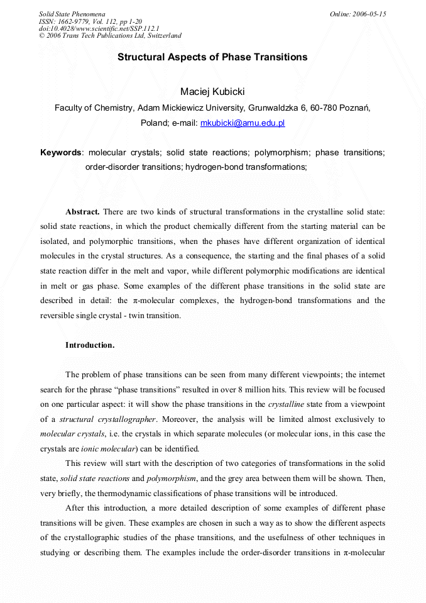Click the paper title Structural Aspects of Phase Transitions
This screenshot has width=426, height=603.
212,57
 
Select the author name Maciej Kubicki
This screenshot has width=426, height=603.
212,92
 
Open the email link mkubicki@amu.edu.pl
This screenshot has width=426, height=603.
242,123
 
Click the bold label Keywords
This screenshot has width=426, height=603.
61,152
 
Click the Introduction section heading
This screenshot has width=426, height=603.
90,345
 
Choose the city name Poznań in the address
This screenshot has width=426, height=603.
354,108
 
